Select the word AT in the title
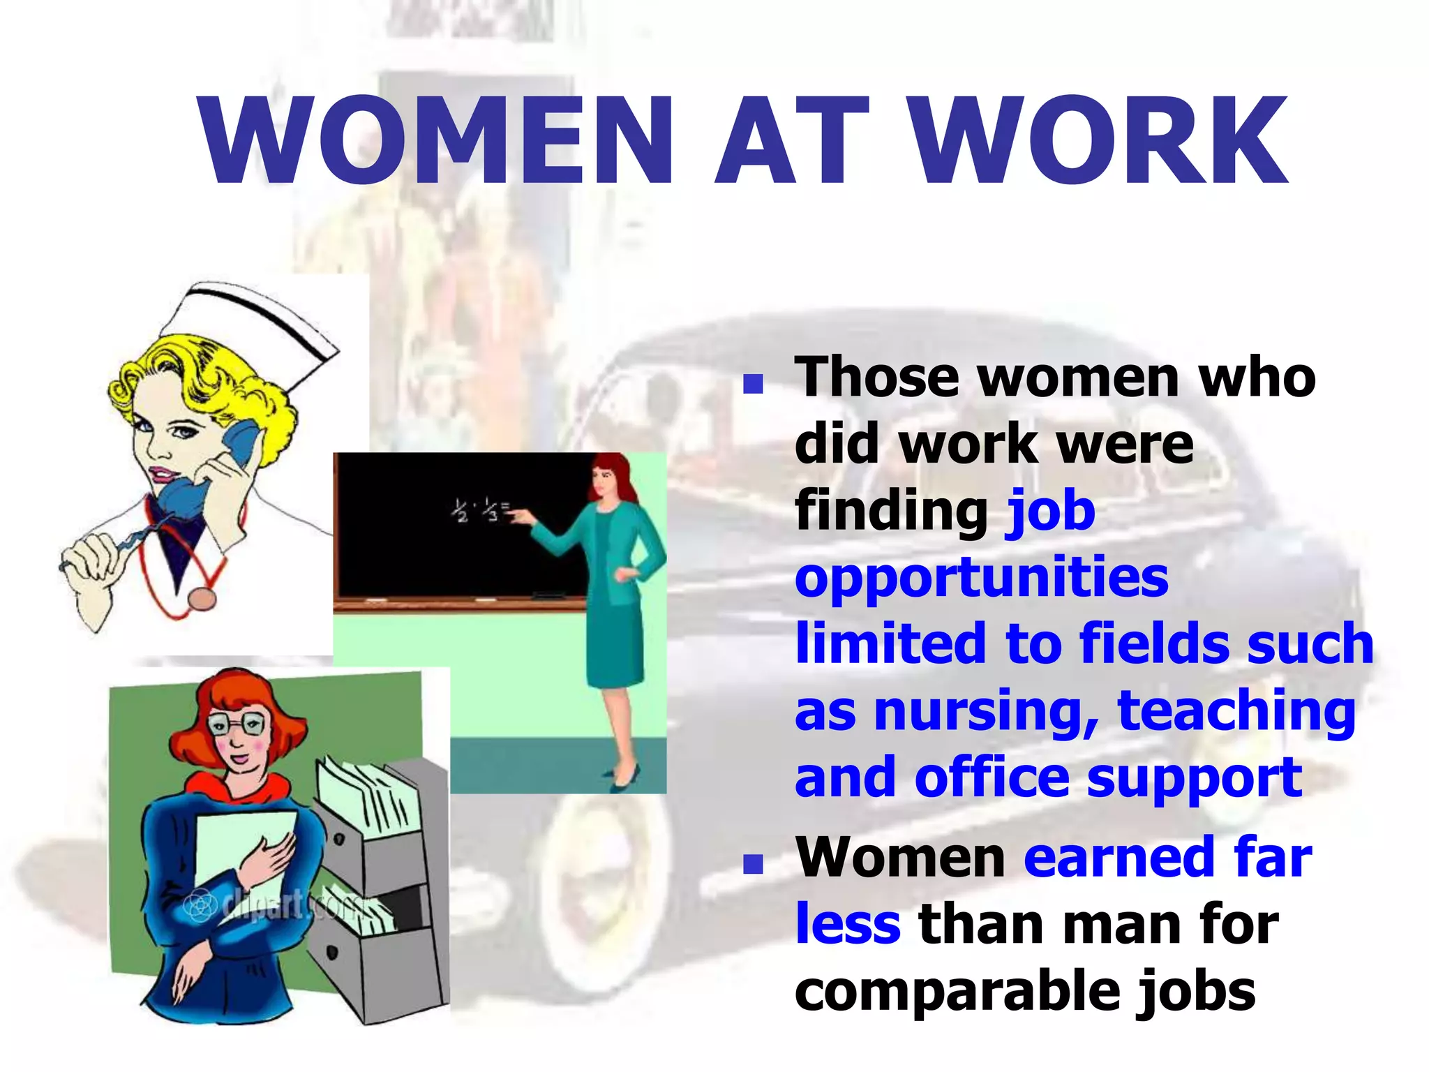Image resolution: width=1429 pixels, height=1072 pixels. [x=793, y=142]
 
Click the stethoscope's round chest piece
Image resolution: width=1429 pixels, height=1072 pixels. [x=202, y=600]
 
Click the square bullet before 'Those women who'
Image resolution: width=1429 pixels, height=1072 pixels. [x=753, y=383]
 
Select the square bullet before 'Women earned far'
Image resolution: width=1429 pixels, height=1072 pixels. [x=753, y=864]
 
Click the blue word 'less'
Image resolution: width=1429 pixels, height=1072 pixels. [x=848, y=924]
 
